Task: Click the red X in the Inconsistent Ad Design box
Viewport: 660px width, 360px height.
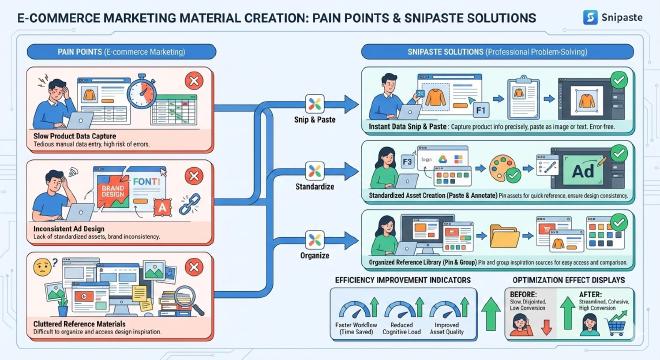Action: click(x=193, y=174)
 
